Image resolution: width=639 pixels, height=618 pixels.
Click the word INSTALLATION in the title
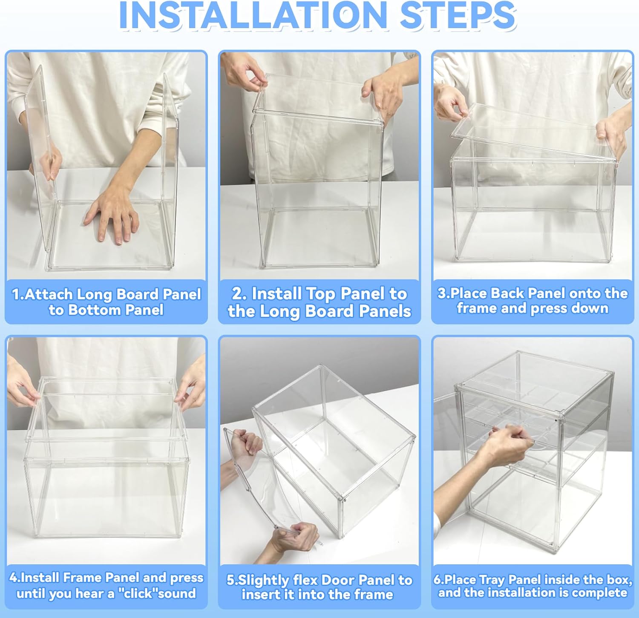pos(253,15)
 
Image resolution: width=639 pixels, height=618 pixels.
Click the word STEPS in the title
pos(458,15)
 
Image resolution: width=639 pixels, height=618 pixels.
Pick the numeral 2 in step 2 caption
pos(237,294)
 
